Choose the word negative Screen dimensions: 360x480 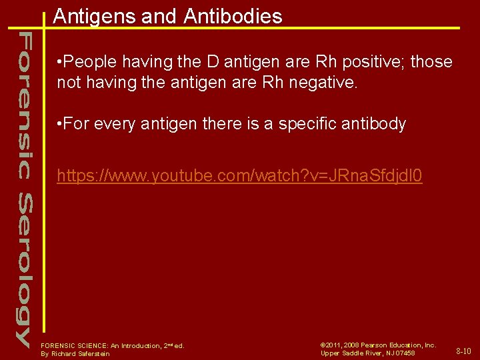pos(324,83)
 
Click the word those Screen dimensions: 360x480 pos(432,63)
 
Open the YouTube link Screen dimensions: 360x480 pos(239,177)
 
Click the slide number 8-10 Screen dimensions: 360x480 pos(463,351)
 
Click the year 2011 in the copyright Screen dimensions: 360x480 pos(334,345)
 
